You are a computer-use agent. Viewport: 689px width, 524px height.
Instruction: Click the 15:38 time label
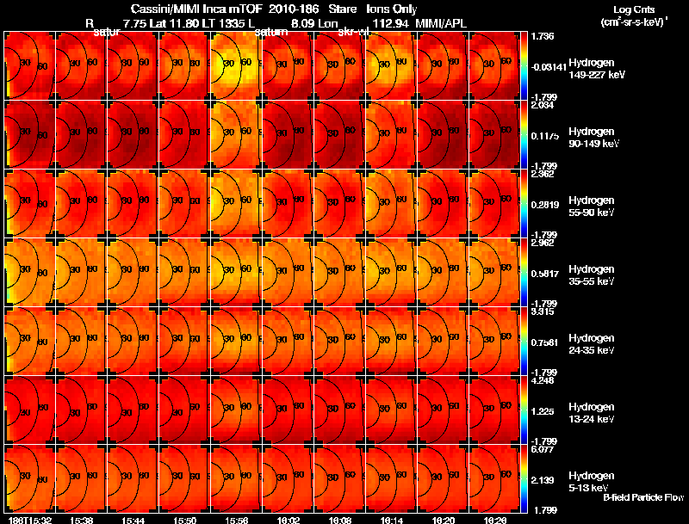84,520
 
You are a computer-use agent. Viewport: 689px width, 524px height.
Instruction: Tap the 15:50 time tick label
187,520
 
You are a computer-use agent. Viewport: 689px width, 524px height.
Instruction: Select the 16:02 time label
290,520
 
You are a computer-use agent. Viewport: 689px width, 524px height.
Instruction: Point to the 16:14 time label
394,520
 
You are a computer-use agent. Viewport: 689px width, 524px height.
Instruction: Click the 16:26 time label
497,520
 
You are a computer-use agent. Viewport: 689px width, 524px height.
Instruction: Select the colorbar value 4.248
543,380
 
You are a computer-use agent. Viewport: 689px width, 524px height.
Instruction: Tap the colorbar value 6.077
543,449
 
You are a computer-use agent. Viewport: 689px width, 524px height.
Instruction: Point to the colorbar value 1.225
543,412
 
